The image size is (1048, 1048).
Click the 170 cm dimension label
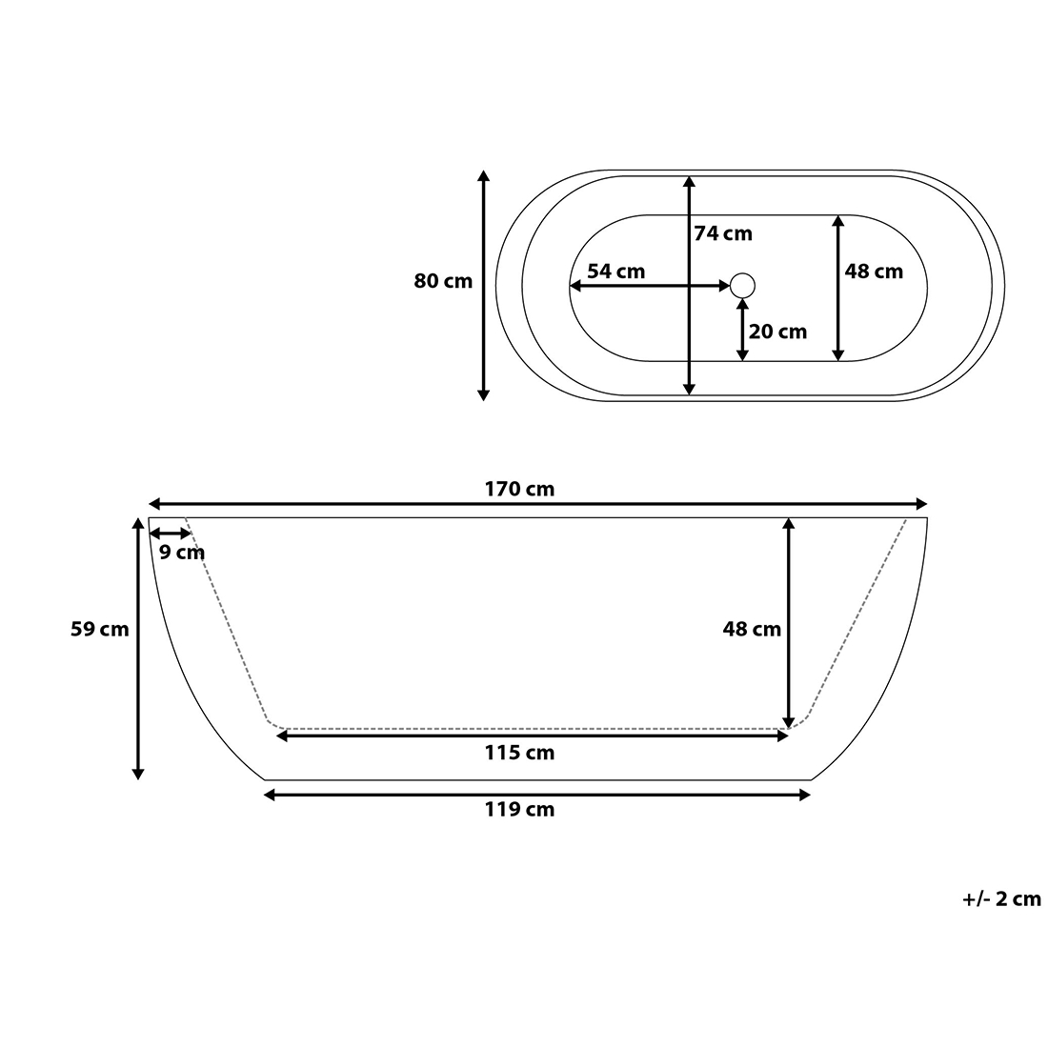click(x=519, y=489)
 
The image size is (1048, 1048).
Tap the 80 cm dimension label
click(x=442, y=281)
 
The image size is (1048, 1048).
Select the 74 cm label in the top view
click(x=723, y=233)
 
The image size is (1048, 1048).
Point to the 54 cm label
click(x=616, y=272)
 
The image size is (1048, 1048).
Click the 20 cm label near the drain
click(x=778, y=332)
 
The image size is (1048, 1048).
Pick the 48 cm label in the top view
click(x=874, y=272)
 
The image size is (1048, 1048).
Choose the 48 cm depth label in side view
click(x=752, y=629)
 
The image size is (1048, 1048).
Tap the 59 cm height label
click(x=100, y=629)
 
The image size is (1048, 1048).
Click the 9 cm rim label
click(x=182, y=553)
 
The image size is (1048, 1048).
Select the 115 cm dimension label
click(x=519, y=753)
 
